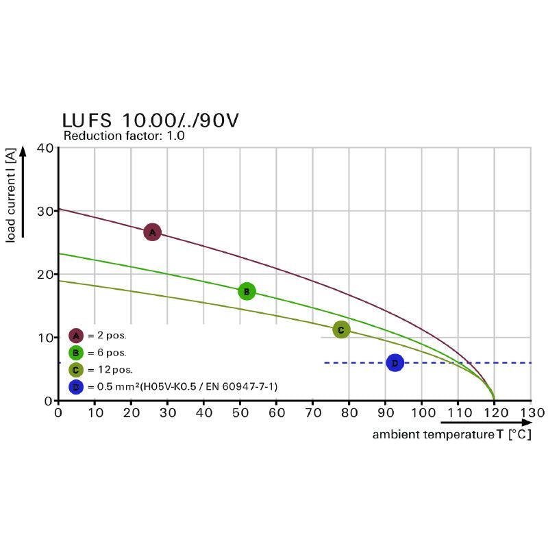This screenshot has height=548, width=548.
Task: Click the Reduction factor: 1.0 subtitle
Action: [124, 136]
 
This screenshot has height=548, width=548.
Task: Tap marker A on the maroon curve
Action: [152, 232]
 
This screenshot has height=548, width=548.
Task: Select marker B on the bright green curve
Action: [247, 291]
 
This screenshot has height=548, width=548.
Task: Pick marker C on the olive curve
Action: [340, 329]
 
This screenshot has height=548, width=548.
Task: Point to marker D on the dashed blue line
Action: [395, 363]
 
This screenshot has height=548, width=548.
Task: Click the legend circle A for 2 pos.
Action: [76, 336]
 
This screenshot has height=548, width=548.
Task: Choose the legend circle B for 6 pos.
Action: [76, 353]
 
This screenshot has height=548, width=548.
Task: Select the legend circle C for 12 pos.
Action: [76, 370]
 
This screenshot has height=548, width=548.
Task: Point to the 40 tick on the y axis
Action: [45, 148]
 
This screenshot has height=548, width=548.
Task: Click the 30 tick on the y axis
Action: [45, 211]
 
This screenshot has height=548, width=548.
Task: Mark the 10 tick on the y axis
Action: [45, 338]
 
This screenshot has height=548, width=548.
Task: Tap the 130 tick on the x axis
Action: [532, 413]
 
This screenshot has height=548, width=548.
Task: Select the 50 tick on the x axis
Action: [240, 413]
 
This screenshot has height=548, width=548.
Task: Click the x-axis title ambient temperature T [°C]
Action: [451, 435]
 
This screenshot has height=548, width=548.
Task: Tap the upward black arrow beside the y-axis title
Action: [23, 192]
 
